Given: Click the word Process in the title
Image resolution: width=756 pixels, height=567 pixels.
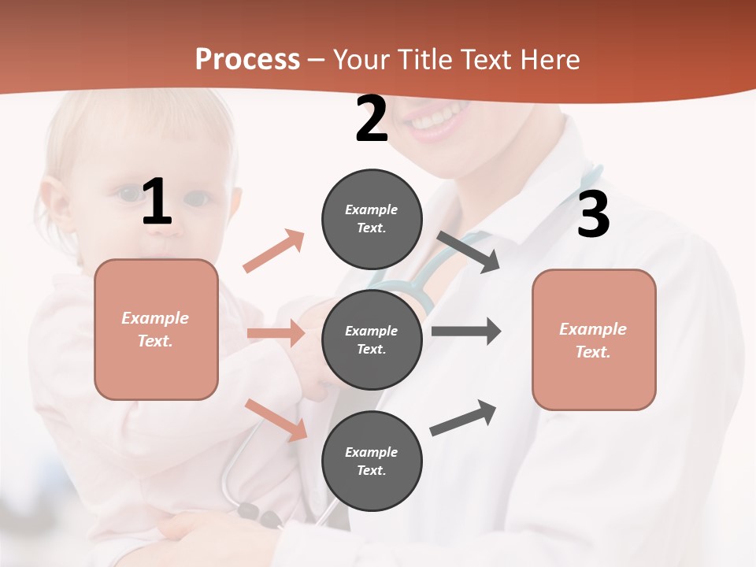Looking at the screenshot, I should (x=247, y=59).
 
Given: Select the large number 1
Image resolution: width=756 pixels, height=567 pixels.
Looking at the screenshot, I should (x=157, y=202).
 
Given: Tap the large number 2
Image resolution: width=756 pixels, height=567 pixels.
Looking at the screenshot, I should (x=372, y=119).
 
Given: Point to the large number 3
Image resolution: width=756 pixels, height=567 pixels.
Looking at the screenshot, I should (x=593, y=215).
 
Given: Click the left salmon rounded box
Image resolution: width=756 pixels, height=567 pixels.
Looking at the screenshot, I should (x=156, y=329).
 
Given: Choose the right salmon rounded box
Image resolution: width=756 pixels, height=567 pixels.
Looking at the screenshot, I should (x=594, y=339).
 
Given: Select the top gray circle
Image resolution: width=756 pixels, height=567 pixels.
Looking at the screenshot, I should (x=372, y=219).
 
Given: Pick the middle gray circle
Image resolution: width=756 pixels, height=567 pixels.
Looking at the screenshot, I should (x=372, y=339).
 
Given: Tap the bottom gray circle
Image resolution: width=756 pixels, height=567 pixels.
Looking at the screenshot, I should (x=372, y=461).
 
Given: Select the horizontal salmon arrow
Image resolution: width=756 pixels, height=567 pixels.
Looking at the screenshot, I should (x=276, y=333).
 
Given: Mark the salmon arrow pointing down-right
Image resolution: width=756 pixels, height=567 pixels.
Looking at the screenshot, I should (x=276, y=420).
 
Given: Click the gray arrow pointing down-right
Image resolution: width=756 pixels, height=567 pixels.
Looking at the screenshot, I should (x=469, y=252).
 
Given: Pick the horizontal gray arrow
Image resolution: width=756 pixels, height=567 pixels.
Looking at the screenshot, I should (x=465, y=331).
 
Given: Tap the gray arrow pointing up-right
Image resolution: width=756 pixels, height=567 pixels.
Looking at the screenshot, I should (x=464, y=418).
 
